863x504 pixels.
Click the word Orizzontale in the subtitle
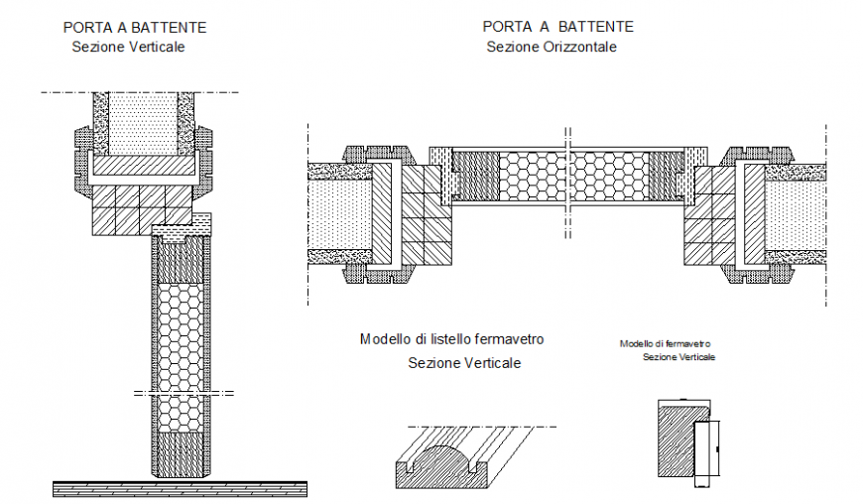tap(582, 47)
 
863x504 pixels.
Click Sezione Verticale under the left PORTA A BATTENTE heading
tap(128, 47)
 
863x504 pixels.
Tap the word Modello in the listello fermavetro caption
tap(384, 339)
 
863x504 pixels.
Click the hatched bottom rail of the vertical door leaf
tap(181, 451)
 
